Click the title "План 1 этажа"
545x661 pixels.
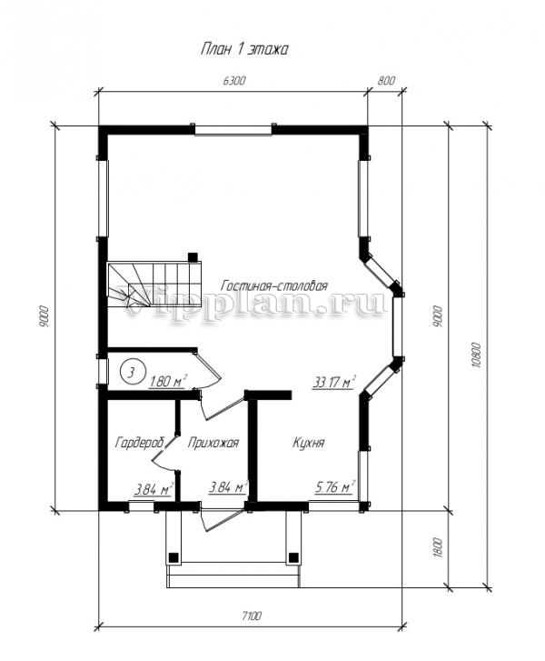243,49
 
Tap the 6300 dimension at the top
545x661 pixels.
233,81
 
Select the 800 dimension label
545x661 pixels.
386,81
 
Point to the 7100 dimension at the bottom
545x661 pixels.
252,616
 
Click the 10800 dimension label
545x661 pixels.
477,355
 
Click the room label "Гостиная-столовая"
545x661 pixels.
274,285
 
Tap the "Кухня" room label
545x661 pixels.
308,443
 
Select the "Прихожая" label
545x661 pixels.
213,443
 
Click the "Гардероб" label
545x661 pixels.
139,443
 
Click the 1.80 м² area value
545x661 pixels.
168,381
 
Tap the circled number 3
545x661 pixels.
132,372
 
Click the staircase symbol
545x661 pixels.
154,285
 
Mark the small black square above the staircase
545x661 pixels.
193,256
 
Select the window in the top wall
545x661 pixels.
233,129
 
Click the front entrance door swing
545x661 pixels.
221,517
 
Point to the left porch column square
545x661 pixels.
173,557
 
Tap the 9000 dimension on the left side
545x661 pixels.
45,316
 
